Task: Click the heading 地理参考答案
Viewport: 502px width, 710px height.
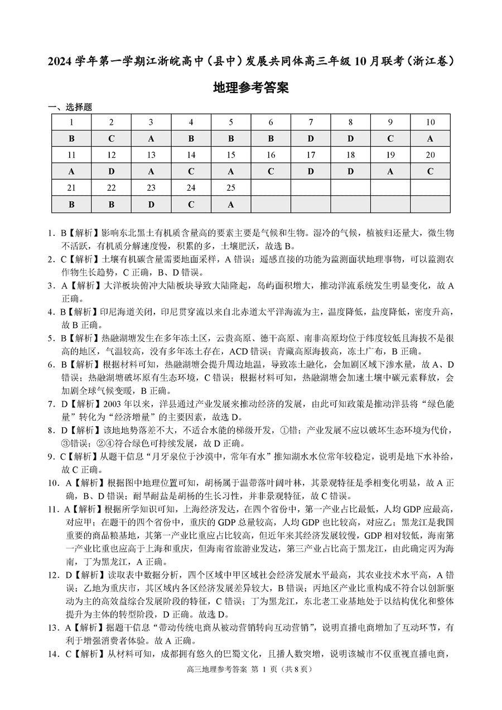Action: (251, 88)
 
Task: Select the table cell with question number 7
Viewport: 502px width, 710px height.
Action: (311, 123)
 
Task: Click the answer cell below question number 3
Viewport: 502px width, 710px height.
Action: (151, 139)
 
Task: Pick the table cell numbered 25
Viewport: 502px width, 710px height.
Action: (231, 188)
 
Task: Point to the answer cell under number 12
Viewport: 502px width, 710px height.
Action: (111, 172)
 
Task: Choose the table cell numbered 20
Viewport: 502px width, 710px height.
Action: (430, 155)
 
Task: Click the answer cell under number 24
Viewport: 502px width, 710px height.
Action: (191, 204)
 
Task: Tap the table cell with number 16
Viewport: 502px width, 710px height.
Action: (271, 155)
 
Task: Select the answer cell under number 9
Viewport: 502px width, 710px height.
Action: (390, 139)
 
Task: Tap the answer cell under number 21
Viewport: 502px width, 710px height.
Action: (71, 204)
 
